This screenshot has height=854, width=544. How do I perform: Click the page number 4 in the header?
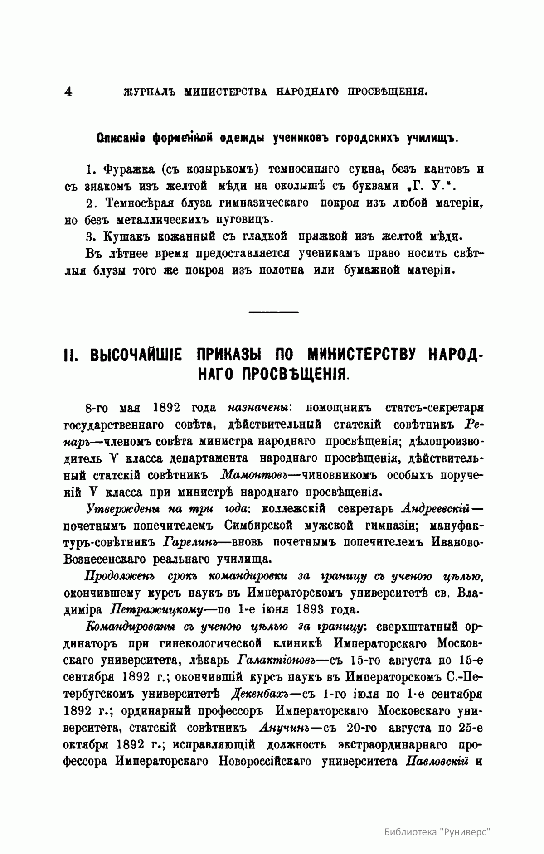coord(68,92)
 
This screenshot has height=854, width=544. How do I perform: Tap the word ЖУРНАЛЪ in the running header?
coord(146,92)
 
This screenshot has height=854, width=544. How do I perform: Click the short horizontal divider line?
coord(273,311)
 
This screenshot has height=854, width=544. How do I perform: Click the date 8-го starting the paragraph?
coord(95,408)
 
